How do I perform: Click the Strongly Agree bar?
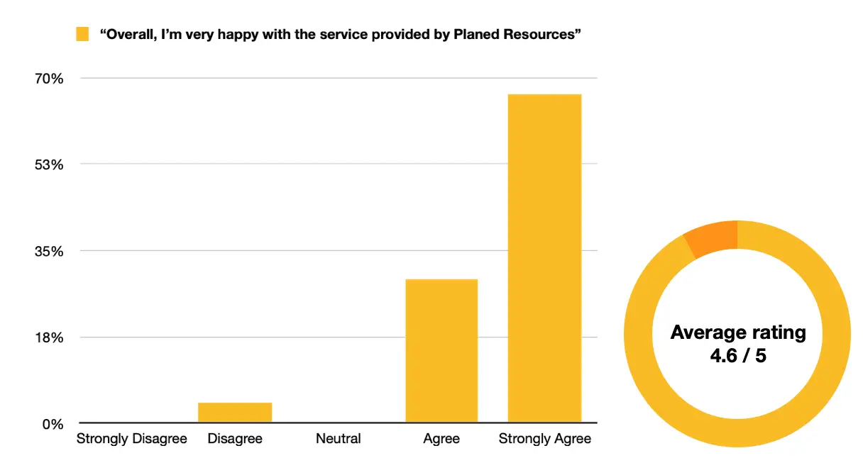click(x=544, y=258)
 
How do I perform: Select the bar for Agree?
click(x=441, y=351)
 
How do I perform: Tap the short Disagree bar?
click(x=235, y=413)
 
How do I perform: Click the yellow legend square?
click(x=82, y=34)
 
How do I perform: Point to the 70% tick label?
click(x=50, y=79)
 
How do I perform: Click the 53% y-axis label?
click(x=50, y=165)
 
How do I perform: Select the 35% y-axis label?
click(x=50, y=252)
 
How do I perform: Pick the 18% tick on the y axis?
click(x=50, y=338)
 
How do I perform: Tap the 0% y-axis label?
click(x=53, y=425)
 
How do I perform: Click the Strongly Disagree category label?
click(x=132, y=439)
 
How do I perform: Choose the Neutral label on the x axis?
click(x=338, y=439)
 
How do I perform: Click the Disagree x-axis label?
click(x=235, y=439)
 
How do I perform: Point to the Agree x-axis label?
click(x=441, y=439)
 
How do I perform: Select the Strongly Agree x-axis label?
click(x=544, y=439)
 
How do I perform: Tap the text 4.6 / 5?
click(x=738, y=355)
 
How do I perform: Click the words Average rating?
click(x=738, y=332)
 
